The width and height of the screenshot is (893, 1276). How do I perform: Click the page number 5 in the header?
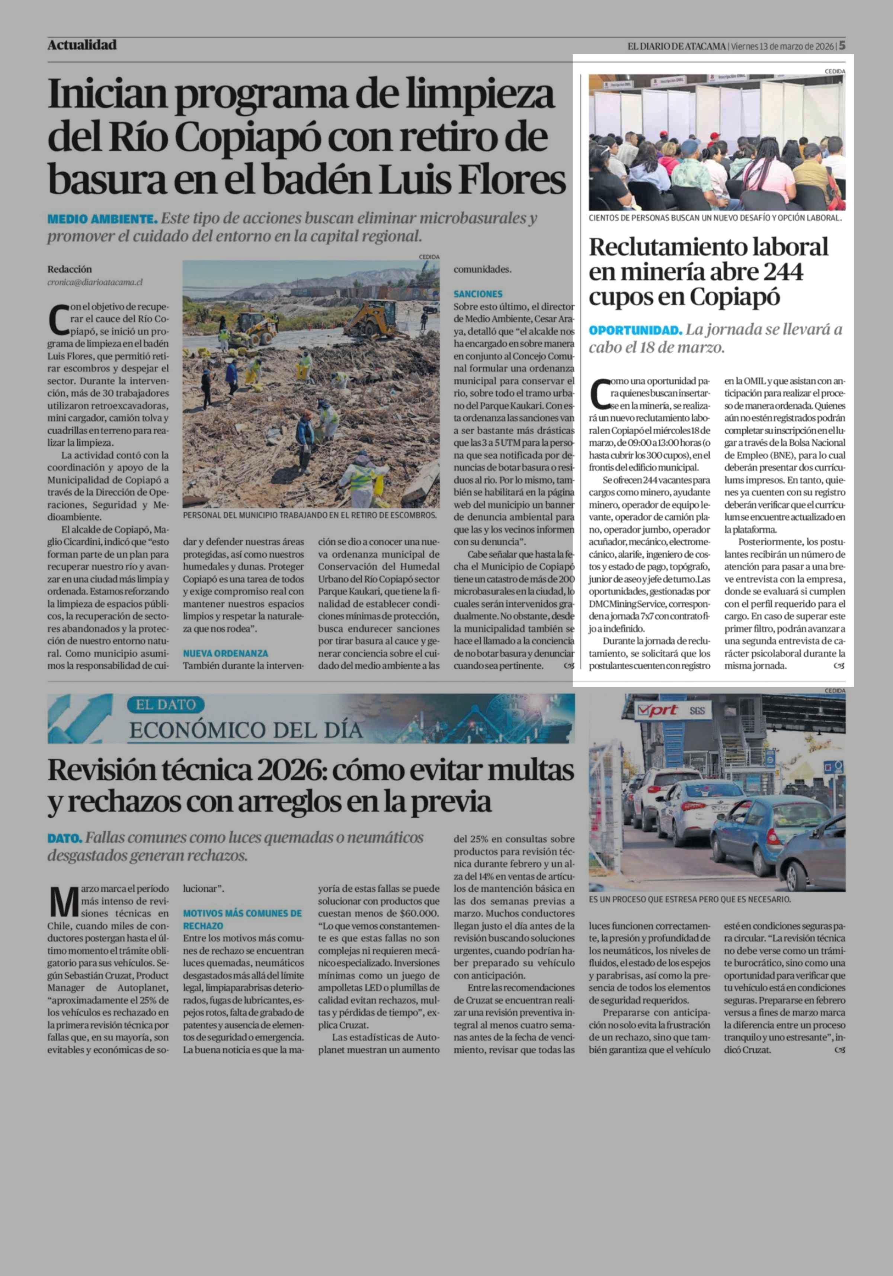click(842, 45)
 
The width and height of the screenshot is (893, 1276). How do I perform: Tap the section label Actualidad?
click(82, 45)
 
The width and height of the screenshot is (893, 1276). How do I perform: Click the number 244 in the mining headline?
click(782, 272)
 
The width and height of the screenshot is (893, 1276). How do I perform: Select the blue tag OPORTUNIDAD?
click(635, 330)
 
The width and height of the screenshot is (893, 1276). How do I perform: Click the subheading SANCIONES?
click(478, 294)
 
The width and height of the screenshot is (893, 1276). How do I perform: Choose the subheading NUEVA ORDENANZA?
click(225, 654)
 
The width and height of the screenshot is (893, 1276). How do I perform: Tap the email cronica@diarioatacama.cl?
click(95, 282)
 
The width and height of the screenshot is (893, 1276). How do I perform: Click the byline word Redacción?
click(70, 269)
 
